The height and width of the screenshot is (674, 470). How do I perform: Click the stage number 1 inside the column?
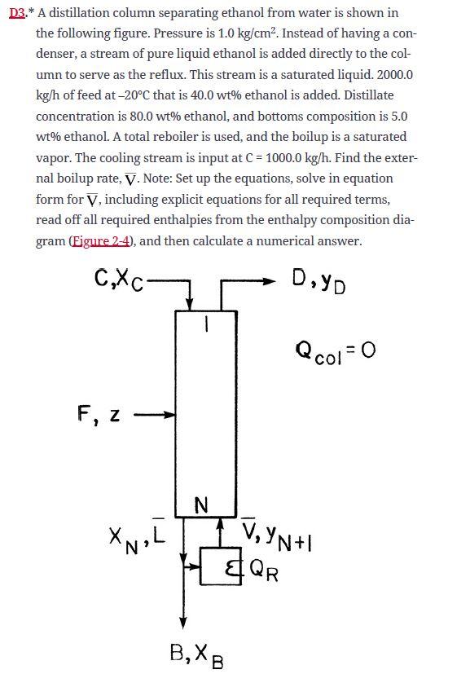[x=207, y=324]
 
